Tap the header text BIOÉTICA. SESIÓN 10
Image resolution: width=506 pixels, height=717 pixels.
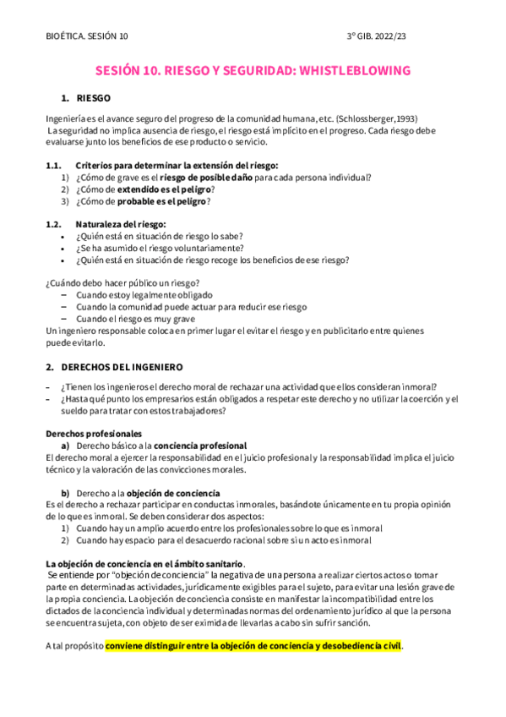pos(88,36)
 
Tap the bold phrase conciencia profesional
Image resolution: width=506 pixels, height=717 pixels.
pos(201,445)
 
